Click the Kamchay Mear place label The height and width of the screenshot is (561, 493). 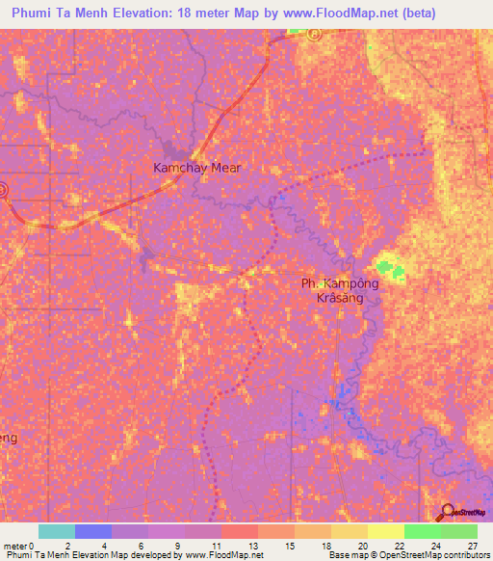(x=197, y=167)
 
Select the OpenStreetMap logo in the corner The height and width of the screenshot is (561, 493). (x=460, y=511)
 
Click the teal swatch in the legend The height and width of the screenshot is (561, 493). (x=57, y=531)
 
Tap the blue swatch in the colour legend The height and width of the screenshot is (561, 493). (x=93, y=531)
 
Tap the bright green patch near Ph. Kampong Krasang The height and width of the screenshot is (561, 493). (x=388, y=265)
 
